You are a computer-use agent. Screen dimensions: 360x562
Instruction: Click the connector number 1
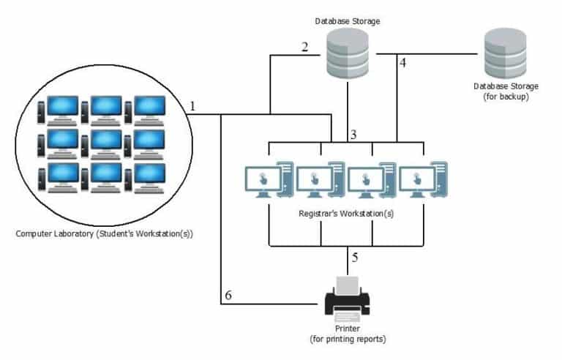click(x=192, y=106)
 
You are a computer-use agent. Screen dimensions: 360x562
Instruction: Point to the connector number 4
click(x=402, y=64)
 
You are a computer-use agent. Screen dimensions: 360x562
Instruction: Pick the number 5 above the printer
click(x=355, y=258)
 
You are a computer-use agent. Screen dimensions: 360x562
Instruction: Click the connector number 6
click(x=228, y=295)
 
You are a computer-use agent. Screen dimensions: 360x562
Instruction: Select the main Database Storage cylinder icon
click(x=347, y=53)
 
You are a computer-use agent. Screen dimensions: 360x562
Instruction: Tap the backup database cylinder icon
click(x=503, y=53)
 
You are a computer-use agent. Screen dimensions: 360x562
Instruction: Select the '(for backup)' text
click(x=501, y=96)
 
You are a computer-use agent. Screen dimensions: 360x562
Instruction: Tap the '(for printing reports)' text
click(x=348, y=339)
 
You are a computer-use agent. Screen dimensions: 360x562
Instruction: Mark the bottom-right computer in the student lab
click(x=149, y=176)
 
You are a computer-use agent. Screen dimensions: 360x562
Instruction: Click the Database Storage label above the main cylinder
click(x=347, y=20)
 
